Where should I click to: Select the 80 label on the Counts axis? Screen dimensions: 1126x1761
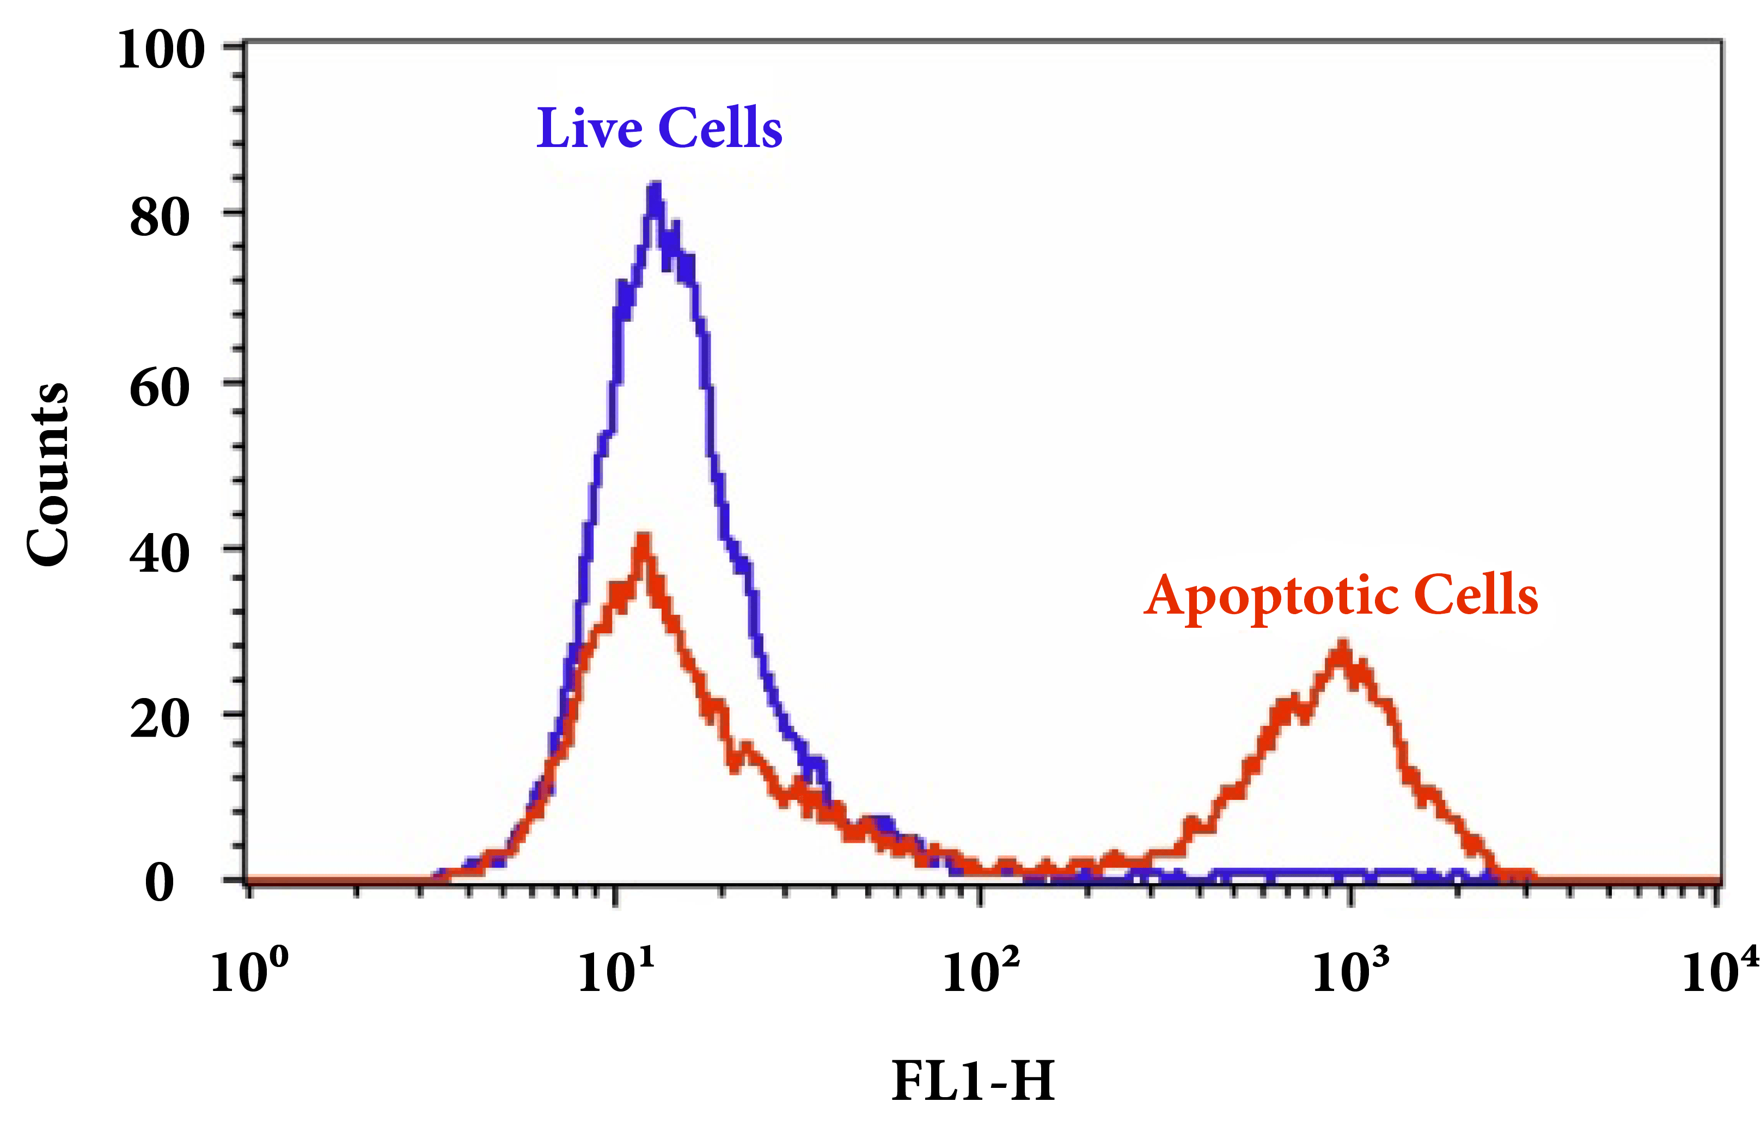coord(160,217)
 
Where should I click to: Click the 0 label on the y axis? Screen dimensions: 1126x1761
coord(160,883)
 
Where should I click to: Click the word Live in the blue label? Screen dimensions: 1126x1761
coord(589,128)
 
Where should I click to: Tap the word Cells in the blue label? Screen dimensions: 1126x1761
coord(720,128)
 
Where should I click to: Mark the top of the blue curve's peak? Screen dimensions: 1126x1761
coord(655,186)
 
